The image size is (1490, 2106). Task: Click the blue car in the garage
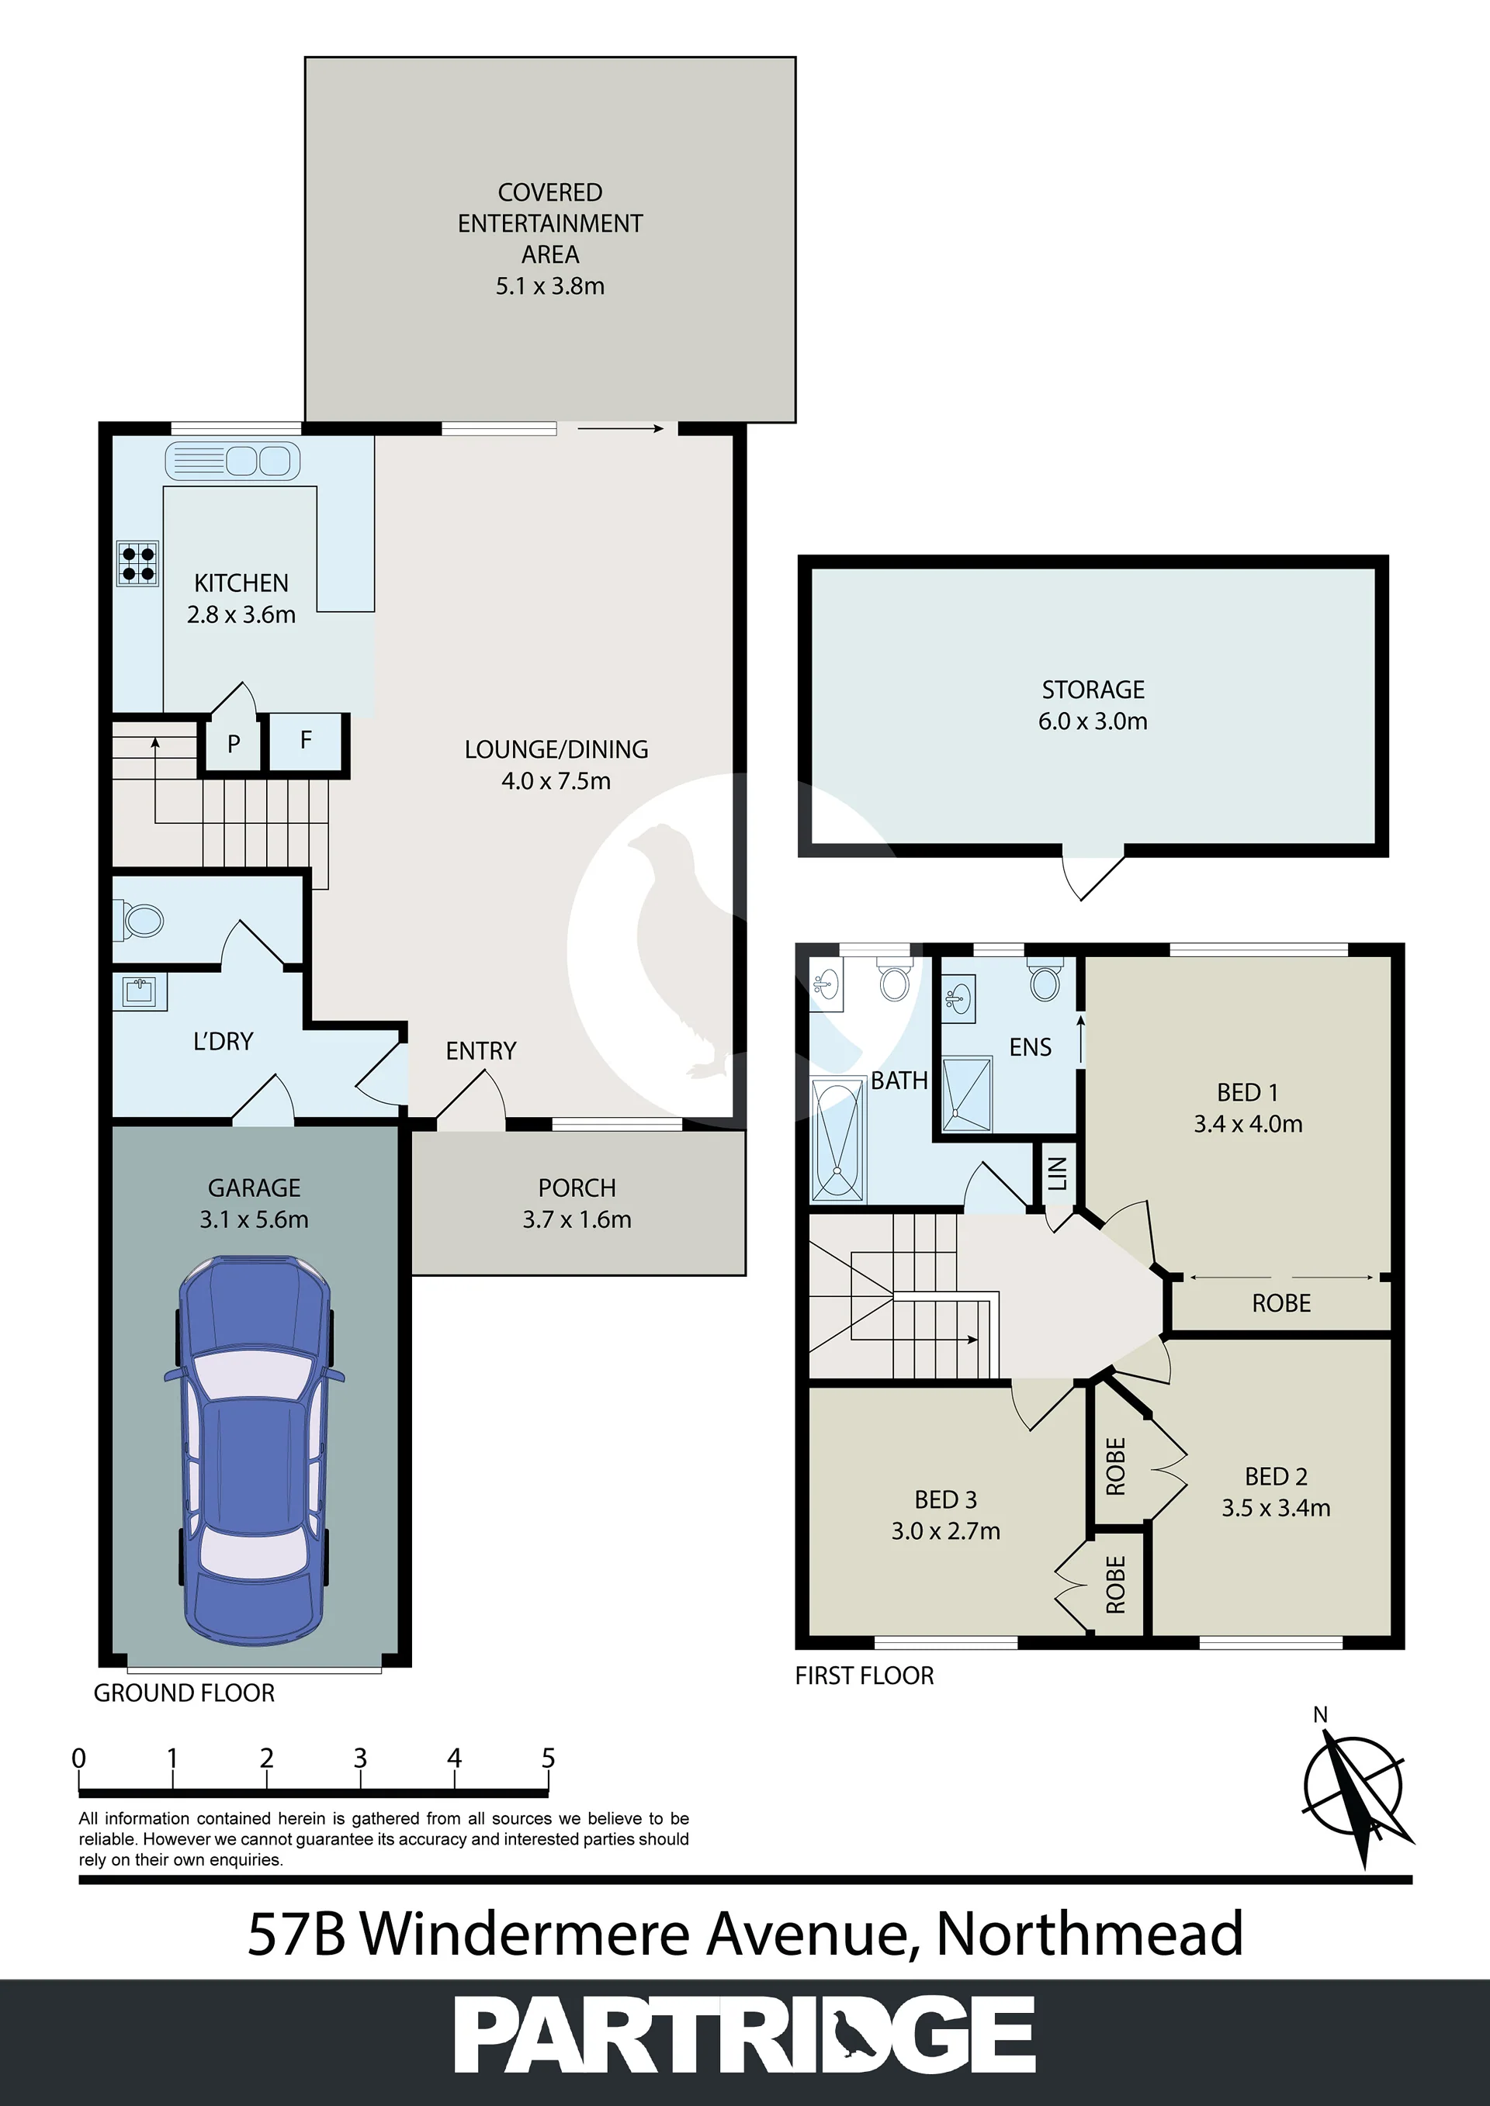tap(254, 1457)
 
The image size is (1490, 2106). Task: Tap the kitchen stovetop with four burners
tap(137, 563)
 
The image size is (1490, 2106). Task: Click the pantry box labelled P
tap(233, 742)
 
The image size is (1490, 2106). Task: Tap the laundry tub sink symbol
tap(140, 991)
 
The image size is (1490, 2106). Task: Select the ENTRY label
tap(481, 1050)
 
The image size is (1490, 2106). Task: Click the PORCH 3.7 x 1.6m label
tap(577, 1203)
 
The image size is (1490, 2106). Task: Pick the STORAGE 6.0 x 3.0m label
tap(1093, 704)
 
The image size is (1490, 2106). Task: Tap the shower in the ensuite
tap(967, 1094)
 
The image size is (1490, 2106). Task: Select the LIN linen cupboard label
tap(1058, 1173)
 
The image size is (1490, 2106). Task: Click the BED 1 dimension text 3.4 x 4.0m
tap(1248, 1124)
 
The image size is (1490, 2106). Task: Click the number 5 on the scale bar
tap(548, 1758)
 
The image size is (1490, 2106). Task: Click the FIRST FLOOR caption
tap(865, 1675)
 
